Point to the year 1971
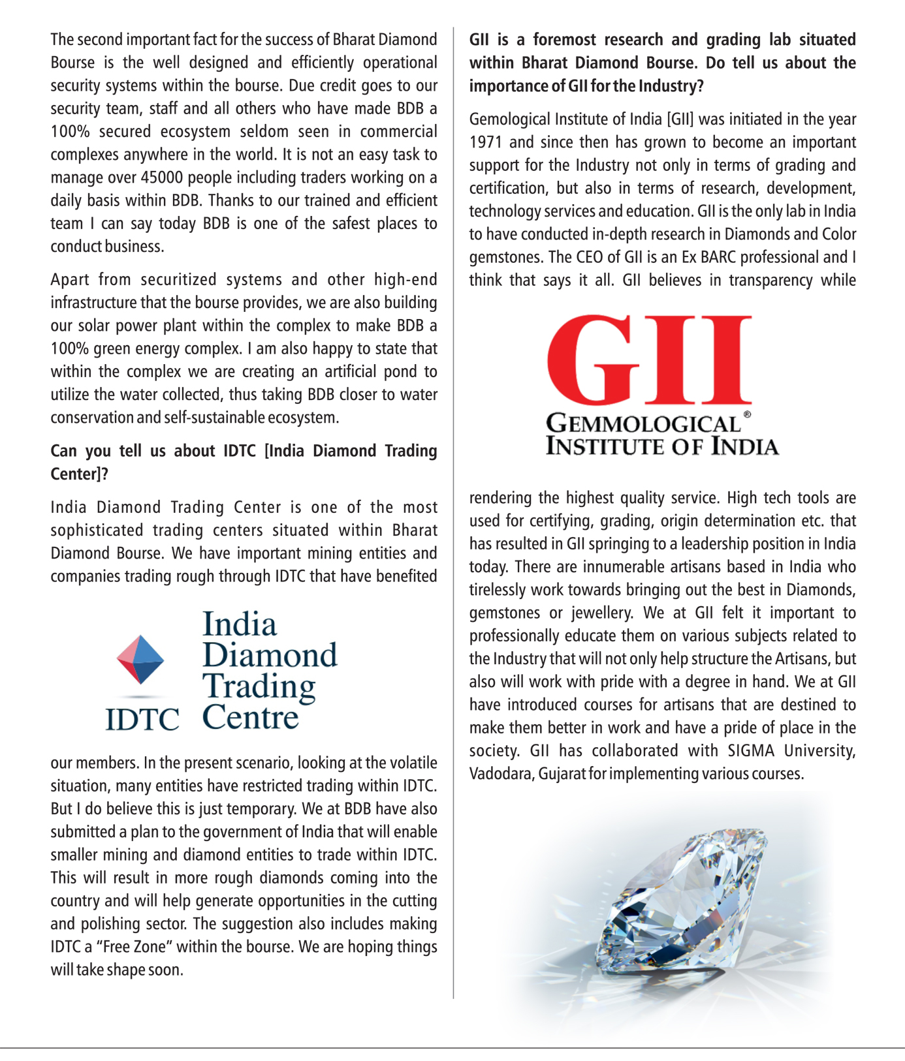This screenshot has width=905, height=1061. click(x=486, y=142)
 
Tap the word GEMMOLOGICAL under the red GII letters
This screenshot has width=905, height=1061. click(x=643, y=424)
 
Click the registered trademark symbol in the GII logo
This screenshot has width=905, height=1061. click(x=747, y=415)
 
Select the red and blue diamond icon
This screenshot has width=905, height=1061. click(x=140, y=659)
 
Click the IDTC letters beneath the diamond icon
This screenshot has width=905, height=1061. click(x=142, y=719)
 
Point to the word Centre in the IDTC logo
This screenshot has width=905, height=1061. click(x=250, y=717)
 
